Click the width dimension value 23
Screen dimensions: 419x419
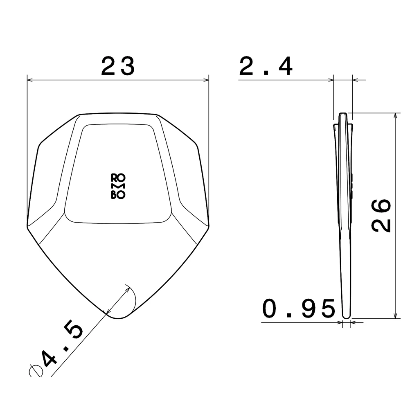pyautogui.click(x=118, y=66)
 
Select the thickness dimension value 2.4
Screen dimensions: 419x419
pyautogui.click(x=266, y=67)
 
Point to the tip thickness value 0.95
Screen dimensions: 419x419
pyautogui.click(x=299, y=309)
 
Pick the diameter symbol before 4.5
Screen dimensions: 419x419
pyautogui.click(x=36, y=370)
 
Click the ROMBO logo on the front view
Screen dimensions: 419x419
pyautogui.click(x=118, y=186)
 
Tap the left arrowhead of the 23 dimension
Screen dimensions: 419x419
pyautogui.click(x=29, y=80)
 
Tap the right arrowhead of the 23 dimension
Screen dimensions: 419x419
pyautogui.click(x=206, y=80)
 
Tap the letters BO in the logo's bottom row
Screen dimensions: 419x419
pyautogui.click(x=118, y=196)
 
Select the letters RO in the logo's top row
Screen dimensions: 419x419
pyautogui.click(x=118, y=177)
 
